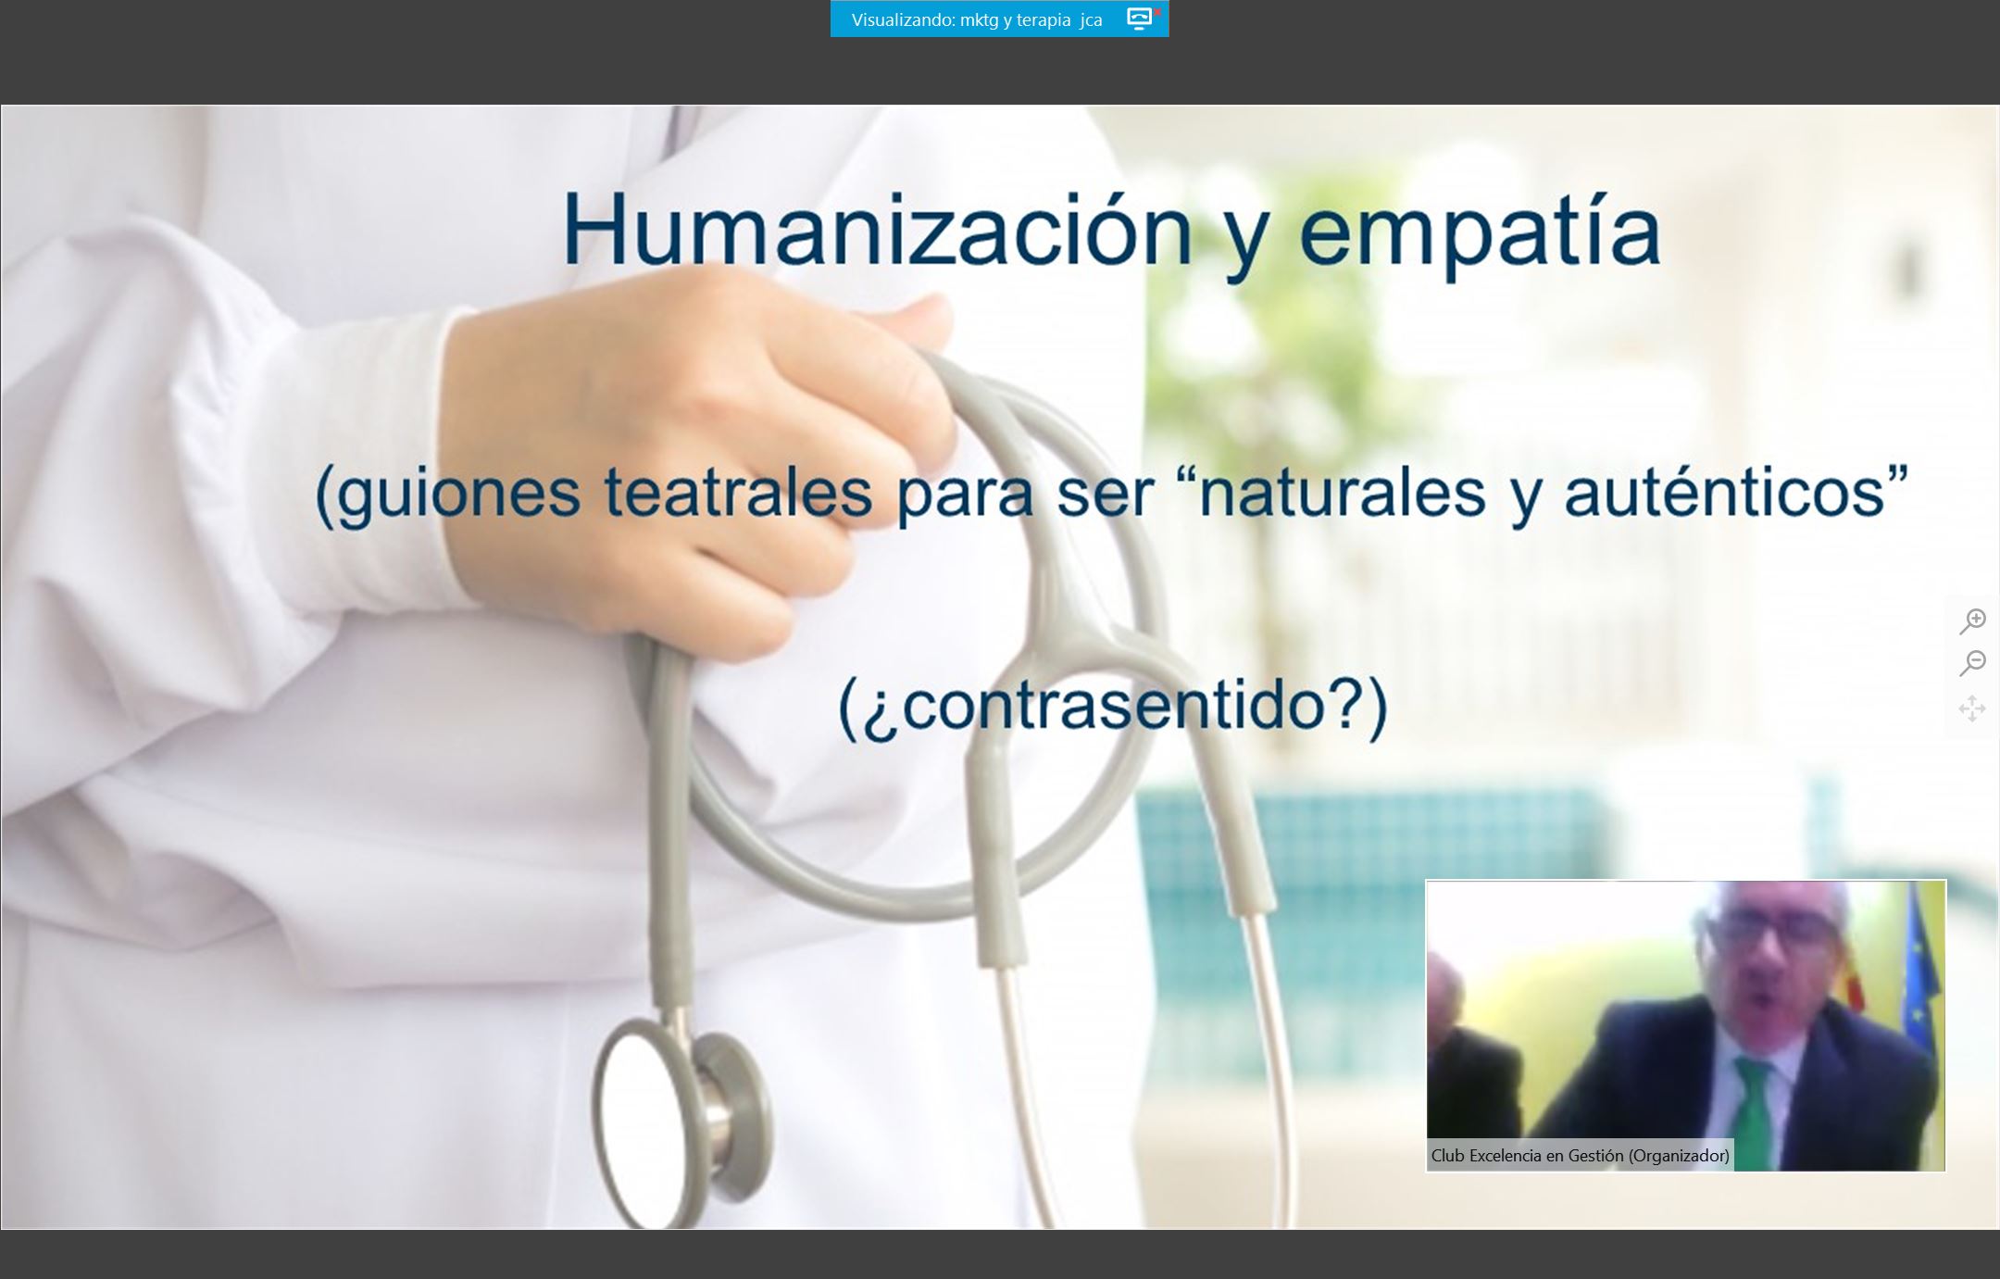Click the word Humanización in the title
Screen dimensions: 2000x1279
(x=877, y=230)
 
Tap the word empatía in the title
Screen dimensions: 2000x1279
(x=1481, y=236)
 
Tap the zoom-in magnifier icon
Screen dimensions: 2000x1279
(x=1972, y=621)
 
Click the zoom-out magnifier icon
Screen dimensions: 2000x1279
(x=1972, y=663)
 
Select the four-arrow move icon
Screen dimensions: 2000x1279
(x=1972, y=708)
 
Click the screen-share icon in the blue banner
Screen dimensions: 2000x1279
(x=1140, y=19)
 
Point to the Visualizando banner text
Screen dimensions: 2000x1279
(x=977, y=19)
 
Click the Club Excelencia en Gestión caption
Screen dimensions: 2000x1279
(x=1580, y=1155)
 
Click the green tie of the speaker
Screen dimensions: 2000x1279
(x=1756, y=1111)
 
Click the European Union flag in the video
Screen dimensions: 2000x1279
(x=1918, y=972)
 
